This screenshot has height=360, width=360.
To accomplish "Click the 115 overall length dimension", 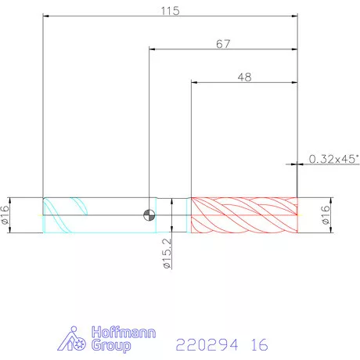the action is pos(170,11).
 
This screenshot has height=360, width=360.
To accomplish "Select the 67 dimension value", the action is pos(223,44).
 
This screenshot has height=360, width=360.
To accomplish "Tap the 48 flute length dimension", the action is pos(244,77).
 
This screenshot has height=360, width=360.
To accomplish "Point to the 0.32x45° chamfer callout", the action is pos(334,159).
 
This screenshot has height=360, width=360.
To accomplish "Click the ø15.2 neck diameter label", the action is pos(167,253).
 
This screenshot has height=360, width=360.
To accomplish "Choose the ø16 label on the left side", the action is pos(5,215).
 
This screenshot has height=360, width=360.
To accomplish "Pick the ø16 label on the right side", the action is pos(326,215).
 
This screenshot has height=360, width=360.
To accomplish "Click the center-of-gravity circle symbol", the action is pos(149,215).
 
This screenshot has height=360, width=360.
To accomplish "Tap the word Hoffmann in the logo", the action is pos(124,333).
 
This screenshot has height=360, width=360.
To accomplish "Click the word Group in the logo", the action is pos(111,345).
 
